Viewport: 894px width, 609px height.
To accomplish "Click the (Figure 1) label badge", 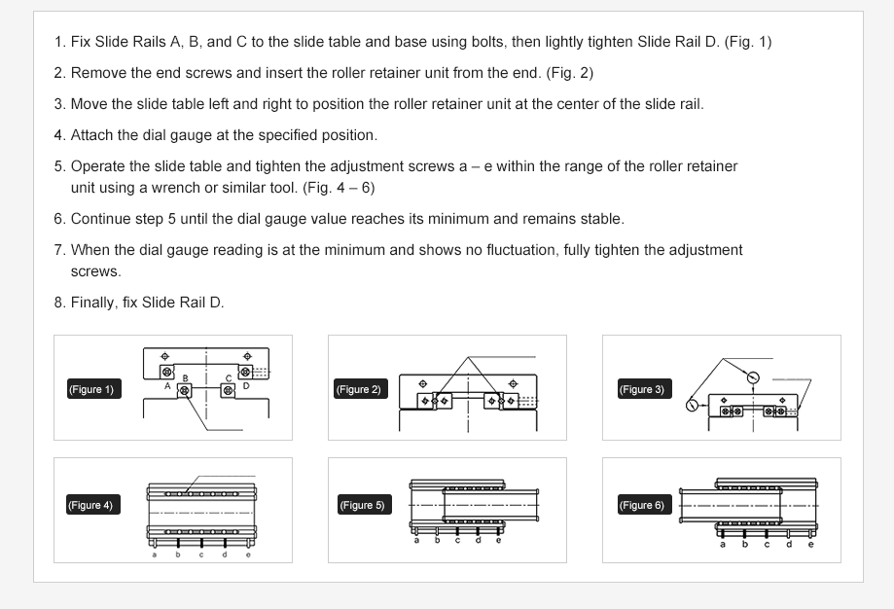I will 90,389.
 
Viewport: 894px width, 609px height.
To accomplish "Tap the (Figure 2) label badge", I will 359,389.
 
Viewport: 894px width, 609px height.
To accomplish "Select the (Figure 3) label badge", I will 641,389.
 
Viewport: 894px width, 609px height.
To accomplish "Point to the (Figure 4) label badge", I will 90,505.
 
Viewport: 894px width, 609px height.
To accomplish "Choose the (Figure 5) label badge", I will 361,505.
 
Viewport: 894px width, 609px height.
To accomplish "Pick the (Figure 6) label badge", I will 641,505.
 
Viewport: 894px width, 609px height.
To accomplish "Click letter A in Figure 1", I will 167,386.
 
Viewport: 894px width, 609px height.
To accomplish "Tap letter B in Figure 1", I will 186,377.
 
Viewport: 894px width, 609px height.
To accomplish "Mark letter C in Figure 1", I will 229,377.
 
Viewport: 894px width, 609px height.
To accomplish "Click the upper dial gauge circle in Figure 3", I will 752,376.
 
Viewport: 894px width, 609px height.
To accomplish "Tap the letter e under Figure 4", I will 248,555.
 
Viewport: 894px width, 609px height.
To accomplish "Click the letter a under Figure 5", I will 416,540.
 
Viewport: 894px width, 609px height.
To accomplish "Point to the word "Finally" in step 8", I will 93,303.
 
